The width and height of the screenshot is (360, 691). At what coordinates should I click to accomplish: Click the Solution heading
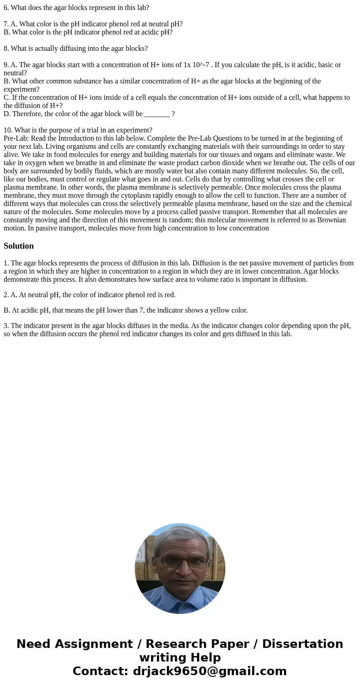pyautogui.click(x=19, y=246)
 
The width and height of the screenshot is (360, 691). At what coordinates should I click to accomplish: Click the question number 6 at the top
pyautogui.click(x=5, y=8)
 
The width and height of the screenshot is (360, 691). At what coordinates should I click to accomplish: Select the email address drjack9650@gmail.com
pyautogui.click(x=209, y=671)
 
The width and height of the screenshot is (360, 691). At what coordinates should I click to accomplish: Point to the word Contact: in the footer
pyautogui.click(x=100, y=671)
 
